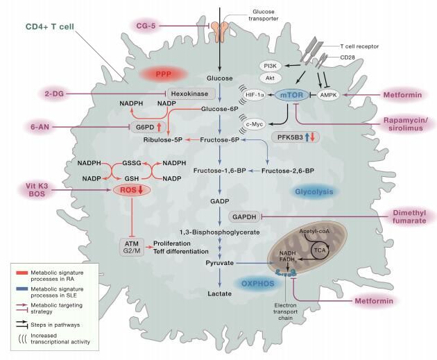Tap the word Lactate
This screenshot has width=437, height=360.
coord(220,294)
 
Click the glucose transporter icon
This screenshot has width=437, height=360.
coord(223,30)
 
